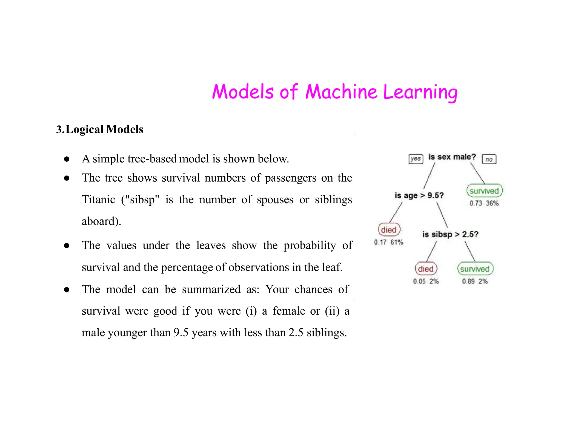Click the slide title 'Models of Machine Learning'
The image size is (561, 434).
tap(334, 92)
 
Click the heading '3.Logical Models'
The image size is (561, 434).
tap(100, 129)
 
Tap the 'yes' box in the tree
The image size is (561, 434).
tap(416, 159)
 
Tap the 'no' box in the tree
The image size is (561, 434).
tap(489, 159)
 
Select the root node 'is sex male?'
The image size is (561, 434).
tap(452, 157)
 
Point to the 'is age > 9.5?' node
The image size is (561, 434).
tap(419, 196)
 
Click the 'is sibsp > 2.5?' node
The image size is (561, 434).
tap(450, 235)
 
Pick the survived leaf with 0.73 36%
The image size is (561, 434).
tap(484, 191)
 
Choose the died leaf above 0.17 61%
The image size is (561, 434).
tap(389, 230)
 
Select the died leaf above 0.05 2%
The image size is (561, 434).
tap(426, 269)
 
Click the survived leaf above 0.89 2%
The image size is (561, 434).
tap(475, 269)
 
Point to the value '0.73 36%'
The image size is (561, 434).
tap(484, 203)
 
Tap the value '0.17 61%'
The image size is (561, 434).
tap(388, 242)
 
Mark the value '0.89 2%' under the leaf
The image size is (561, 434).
tap(475, 281)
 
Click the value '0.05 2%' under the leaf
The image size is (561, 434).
tap(426, 281)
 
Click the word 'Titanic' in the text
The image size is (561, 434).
tap(99, 199)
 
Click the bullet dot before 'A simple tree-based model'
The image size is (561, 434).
tap(67, 159)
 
